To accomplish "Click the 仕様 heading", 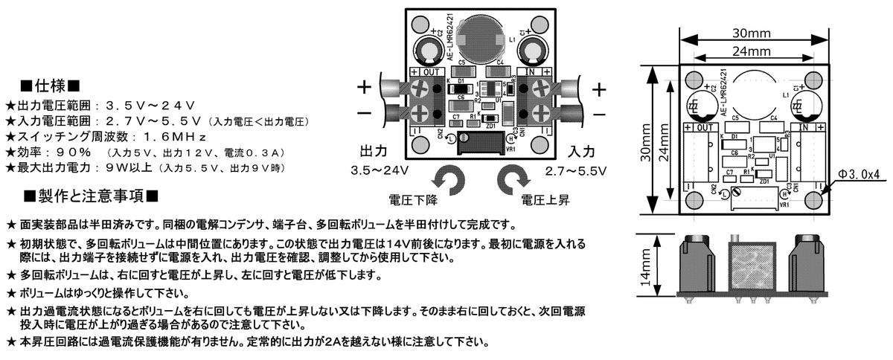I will pos(50,83).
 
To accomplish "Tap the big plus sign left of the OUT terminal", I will pos(363,87).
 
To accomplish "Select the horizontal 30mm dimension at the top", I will pos(750,34).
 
